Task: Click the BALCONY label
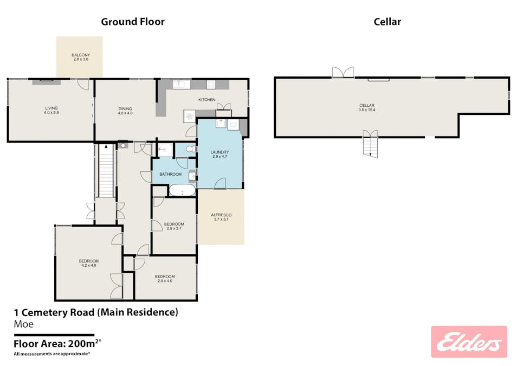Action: [80, 57]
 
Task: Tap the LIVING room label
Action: [51, 111]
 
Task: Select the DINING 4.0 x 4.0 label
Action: [125, 111]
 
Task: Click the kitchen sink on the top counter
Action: [179, 84]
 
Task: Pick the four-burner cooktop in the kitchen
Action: [211, 85]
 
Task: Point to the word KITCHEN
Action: [207, 100]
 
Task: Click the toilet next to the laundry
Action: [190, 149]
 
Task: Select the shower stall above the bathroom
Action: [164, 149]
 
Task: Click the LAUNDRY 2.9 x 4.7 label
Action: [220, 155]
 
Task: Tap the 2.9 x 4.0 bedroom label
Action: [166, 278]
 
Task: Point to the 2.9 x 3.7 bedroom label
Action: [175, 226]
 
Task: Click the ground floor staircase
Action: [106, 171]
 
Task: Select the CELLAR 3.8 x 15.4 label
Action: [367, 107]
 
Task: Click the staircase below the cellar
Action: [370, 146]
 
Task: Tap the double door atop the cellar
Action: [343, 72]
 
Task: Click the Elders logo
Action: [469, 342]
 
